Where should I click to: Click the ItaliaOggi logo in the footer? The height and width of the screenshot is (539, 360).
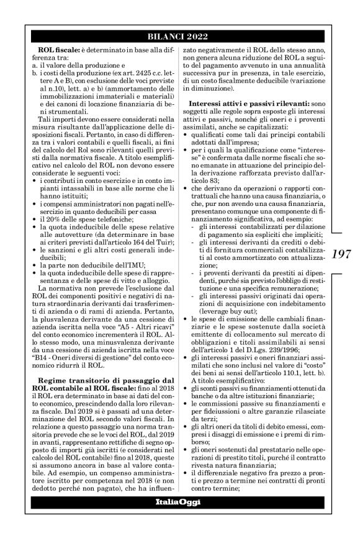(x=179, y=519)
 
